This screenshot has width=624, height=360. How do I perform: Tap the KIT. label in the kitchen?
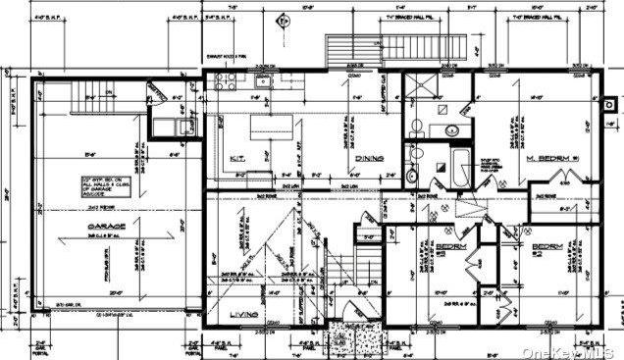(x=237, y=157)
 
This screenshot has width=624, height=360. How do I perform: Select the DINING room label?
(x=368, y=157)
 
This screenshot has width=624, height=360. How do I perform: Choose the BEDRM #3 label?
(x=450, y=247)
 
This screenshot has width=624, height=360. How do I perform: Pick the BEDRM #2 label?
(x=547, y=247)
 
